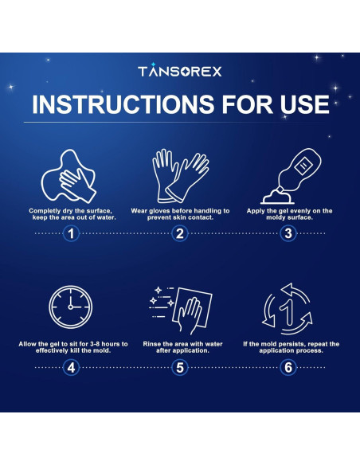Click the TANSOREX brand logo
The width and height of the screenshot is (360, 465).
point(180,71)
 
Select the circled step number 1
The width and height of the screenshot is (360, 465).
point(72,233)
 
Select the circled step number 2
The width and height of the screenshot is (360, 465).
point(180,233)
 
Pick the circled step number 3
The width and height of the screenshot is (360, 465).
point(288,233)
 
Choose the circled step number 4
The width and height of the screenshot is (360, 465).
point(72,367)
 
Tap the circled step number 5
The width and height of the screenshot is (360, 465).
point(180,367)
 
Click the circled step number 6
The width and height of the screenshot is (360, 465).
point(288,367)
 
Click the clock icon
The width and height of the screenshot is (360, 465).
point(72,307)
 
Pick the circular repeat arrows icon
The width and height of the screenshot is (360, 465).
point(288,307)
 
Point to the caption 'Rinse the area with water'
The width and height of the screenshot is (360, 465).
point(180,344)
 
